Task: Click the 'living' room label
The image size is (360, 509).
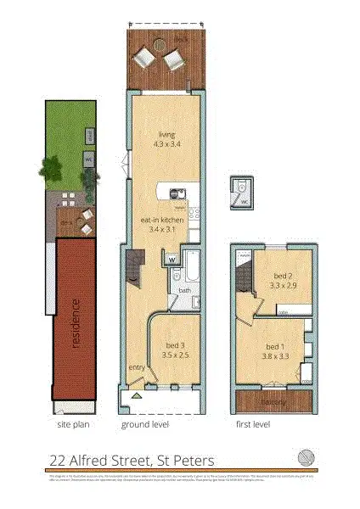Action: click(165, 134)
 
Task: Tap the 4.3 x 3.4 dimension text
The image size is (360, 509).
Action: click(165, 144)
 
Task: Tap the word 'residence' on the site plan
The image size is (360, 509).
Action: click(76, 322)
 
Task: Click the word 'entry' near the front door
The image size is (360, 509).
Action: click(136, 367)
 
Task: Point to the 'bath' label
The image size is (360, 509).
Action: click(184, 291)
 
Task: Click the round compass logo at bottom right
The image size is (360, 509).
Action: click(307, 458)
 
